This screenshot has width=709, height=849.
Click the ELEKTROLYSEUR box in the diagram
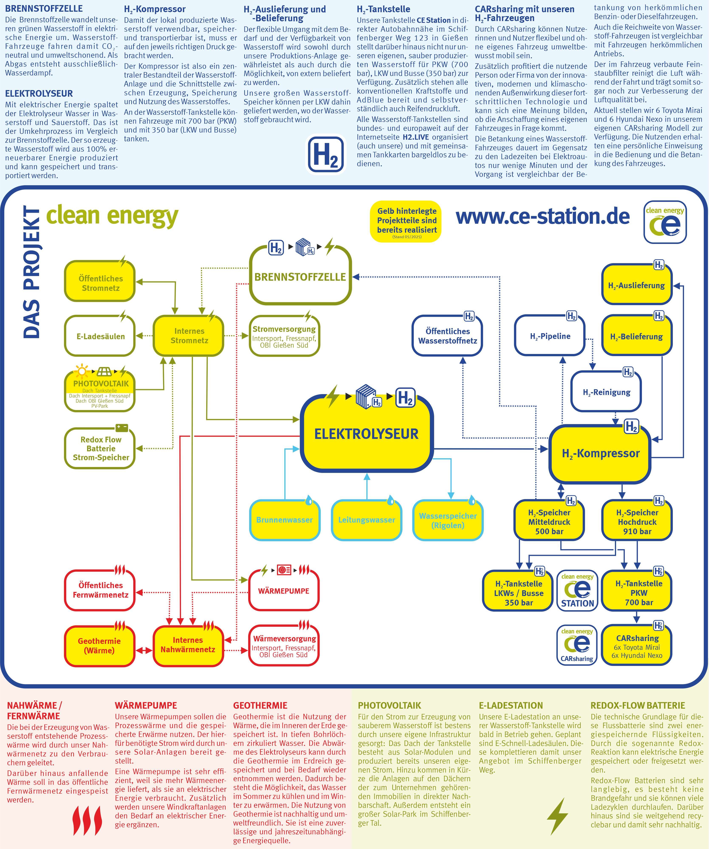(366, 434)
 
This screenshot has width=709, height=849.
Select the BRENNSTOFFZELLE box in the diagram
(300, 277)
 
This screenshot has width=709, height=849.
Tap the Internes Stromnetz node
(189, 335)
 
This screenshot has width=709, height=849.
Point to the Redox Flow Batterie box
(100, 448)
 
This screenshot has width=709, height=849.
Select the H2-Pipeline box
(550, 336)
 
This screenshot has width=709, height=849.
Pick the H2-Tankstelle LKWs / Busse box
(518, 593)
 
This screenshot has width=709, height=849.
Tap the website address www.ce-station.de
(542, 217)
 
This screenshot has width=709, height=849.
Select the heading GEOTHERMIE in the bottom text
(260, 705)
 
